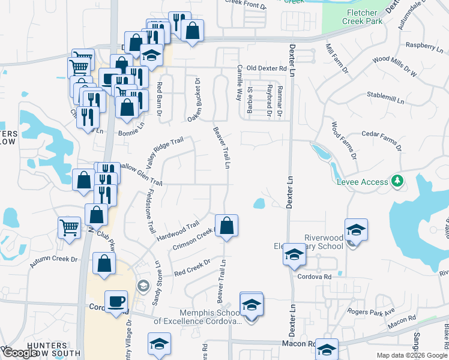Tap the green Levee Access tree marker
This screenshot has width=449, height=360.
(x=396, y=180)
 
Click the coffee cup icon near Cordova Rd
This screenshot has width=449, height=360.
(x=116, y=301)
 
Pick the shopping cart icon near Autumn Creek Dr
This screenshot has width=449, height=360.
(x=69, y=228)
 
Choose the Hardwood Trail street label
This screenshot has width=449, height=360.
(x=178, y=232)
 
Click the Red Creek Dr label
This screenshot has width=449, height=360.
(x=192, y=268)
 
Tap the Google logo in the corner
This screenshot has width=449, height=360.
(x=21, y=352)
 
